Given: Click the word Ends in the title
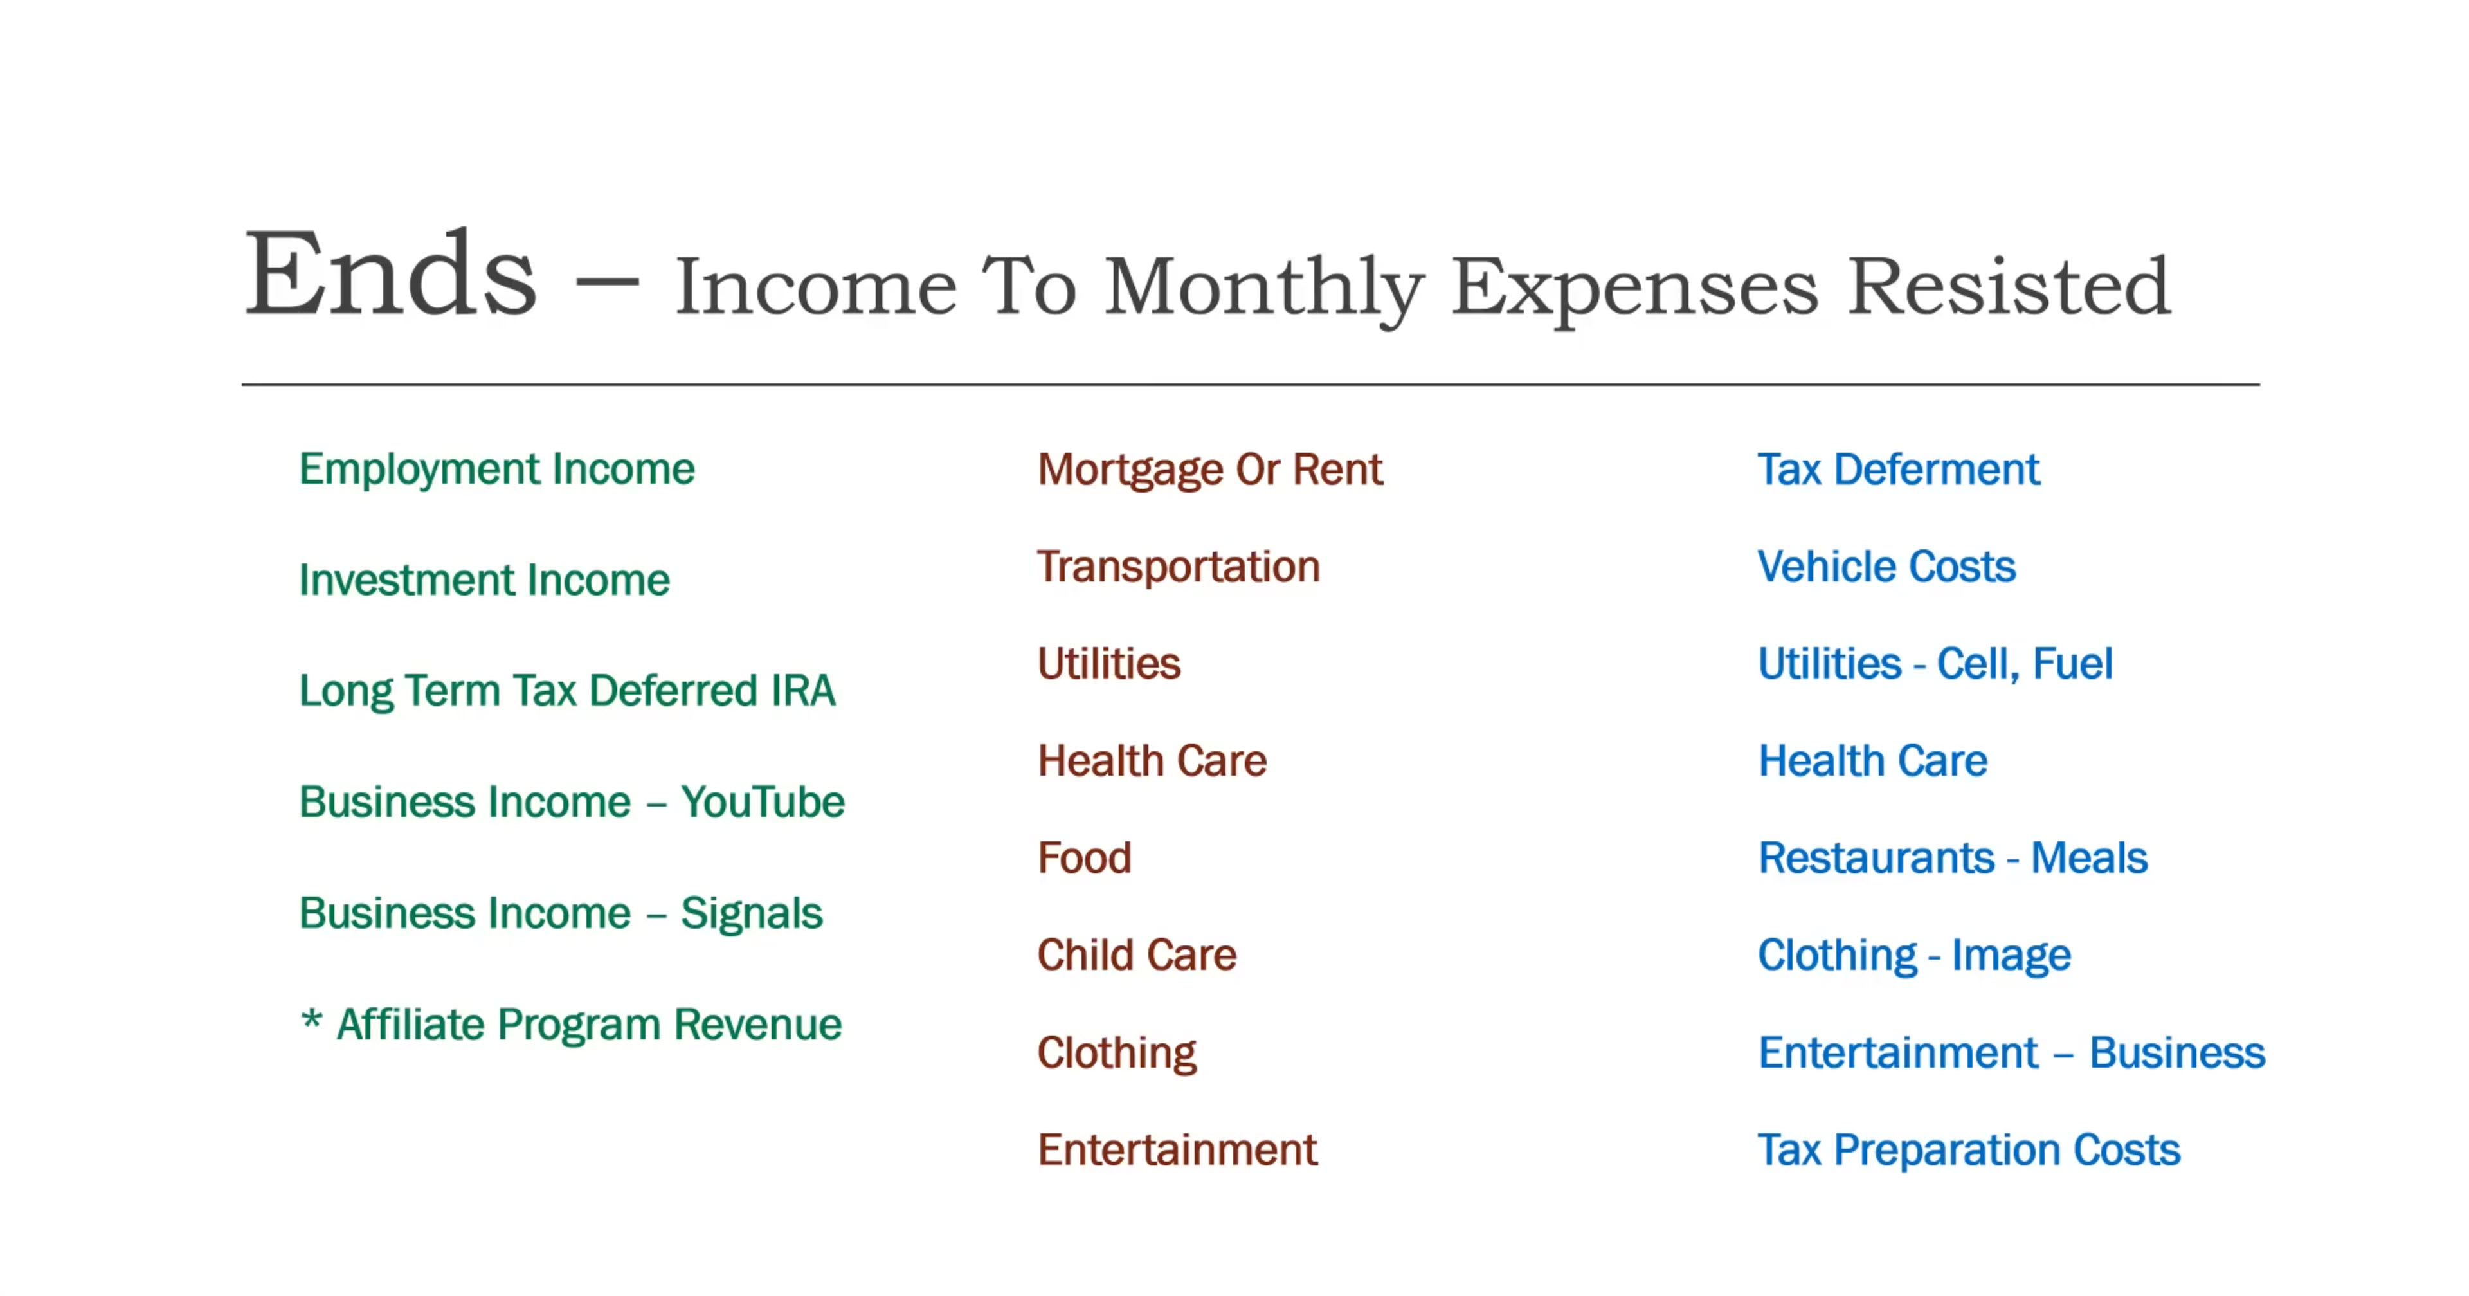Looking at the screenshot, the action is tap(391, 273).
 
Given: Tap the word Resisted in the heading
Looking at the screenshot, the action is tap(2008, 286).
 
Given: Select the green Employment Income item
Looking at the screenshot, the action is tap(496, 470).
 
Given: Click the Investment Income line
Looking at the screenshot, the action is tap(484, 580).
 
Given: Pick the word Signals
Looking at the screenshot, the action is tap(752, 913).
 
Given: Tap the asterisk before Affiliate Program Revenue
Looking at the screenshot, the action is tap(311, 1019).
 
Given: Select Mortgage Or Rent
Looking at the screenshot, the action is tap(1209, 470).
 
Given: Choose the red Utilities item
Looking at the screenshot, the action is tap(1109, 663).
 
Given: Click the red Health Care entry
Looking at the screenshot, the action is tap(1152, 761).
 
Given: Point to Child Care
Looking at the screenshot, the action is tap(1137, 954).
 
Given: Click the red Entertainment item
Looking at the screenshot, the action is tap(1178, 1149).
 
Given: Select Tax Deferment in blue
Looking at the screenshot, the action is tap(1899, 470).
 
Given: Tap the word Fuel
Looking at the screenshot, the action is tap(2072, 663).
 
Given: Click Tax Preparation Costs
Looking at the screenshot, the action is tap(1969, 1149).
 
